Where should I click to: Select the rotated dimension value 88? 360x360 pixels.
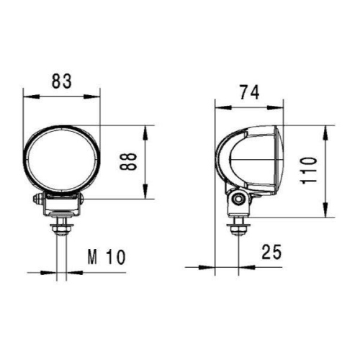tap(128, 163)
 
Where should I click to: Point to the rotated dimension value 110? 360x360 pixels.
tap(309, 171)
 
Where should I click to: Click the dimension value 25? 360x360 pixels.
tap(271, 252)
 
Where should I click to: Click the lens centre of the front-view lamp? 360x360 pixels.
tap(62, 160)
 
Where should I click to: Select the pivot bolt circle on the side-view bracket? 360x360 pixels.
tap(238, 199)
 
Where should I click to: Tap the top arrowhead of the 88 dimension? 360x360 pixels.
tap(147, 130)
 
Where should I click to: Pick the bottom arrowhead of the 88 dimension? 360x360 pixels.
tap(147, 194)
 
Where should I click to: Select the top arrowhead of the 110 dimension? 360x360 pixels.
tap(328, 127)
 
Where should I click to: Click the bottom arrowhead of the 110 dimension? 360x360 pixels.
tap(328, 214)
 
